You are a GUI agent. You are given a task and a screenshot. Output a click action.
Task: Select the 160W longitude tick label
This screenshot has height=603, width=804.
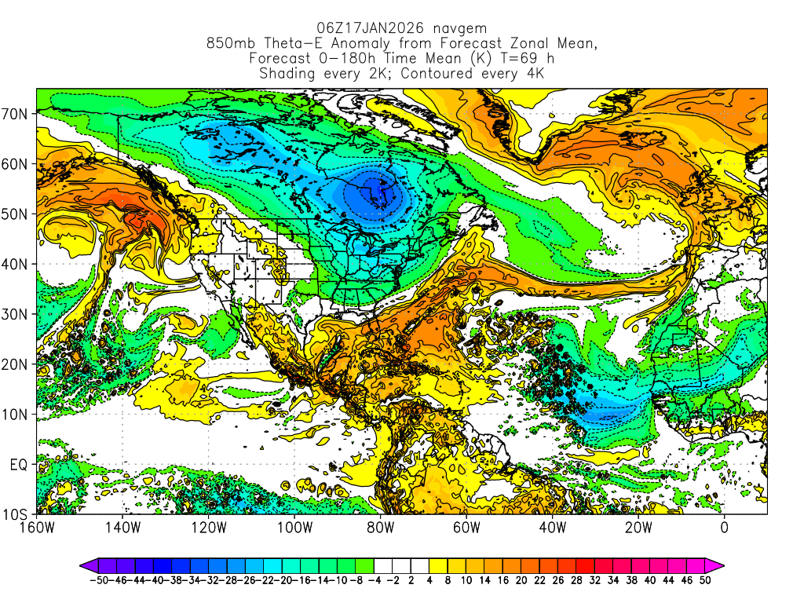click(36, 528)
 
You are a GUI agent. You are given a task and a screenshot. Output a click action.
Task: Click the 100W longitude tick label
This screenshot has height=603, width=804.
click(294, 528)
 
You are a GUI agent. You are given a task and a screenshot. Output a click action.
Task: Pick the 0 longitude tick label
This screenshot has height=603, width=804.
click(724, 528)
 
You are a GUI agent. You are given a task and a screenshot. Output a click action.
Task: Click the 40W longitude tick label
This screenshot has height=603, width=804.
click(552, 528)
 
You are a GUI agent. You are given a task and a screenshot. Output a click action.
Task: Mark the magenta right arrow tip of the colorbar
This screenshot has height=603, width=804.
click(720, 565)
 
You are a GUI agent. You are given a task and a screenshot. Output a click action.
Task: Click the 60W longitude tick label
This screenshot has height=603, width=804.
click(466, 528)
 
